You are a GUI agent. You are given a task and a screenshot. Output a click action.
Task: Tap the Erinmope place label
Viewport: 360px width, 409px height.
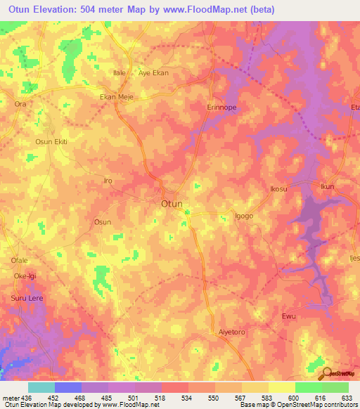click(x=224, y=107)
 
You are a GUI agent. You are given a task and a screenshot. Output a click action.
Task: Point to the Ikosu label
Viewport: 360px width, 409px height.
click(x=279, y=190)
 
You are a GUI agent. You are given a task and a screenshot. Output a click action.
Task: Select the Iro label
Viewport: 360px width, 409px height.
click(x=108, y=181)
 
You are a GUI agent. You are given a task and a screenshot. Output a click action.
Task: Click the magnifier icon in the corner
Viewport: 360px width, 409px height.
click(x=327, y=373)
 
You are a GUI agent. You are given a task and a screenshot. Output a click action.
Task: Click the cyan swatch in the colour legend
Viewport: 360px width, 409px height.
click(x=41, y=387)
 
